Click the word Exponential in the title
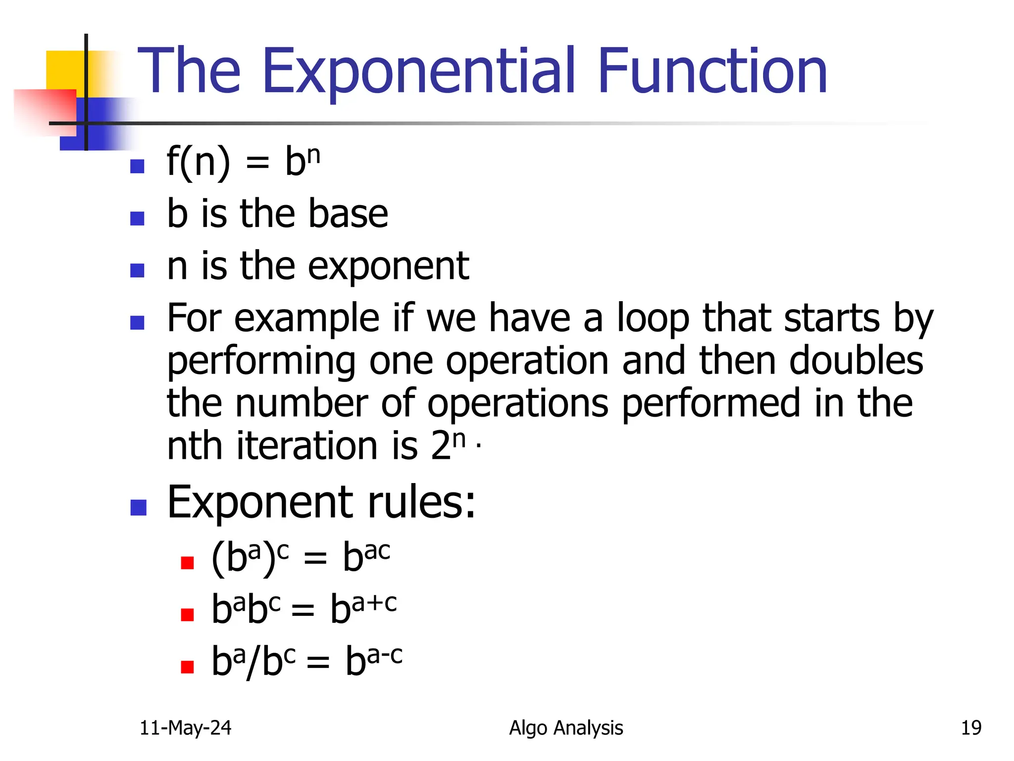coord(418,72)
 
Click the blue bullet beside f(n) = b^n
coord(137,166)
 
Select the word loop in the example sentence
coord(653,319)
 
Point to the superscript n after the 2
coord(459,438)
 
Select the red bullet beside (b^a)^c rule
coord(187,563)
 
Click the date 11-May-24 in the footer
coord(185,728)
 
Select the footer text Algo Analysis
coord(565,728)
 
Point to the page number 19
coord(970,728)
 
